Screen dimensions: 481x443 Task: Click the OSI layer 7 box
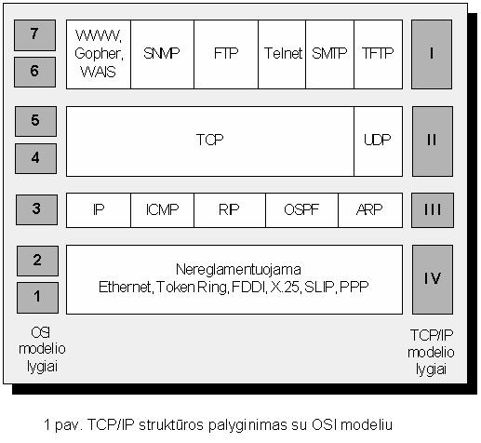click(x=34, y=35)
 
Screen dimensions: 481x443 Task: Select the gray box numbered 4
click(x=35, y=158)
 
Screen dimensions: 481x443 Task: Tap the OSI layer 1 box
click(x=37, y=298)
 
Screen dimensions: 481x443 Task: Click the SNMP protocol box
click(x=162, y=54)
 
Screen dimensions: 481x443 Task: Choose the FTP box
click(x=226, y=54)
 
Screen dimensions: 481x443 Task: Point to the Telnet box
click(x=282, y=54)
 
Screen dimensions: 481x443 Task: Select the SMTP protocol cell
click(x=329, y=54)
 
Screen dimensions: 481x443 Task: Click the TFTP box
click(x=379, y=54)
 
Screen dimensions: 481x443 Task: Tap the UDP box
click(x=379, y=141)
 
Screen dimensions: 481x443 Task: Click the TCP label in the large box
click(x=209, y=140)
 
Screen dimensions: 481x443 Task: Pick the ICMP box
click(x=162, y=210)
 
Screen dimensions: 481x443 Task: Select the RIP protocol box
click(x=230, y=210)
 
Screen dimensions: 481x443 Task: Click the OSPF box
click(x=301, y=210)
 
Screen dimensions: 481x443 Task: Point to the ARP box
click(x=370, y=210)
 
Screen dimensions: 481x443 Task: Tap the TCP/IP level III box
click(x=433, y=210)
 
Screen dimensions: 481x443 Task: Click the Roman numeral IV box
click(x=433, y=279)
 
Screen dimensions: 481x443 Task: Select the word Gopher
click(x=99, y=54)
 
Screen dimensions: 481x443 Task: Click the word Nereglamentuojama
click(x=238, y=269)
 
